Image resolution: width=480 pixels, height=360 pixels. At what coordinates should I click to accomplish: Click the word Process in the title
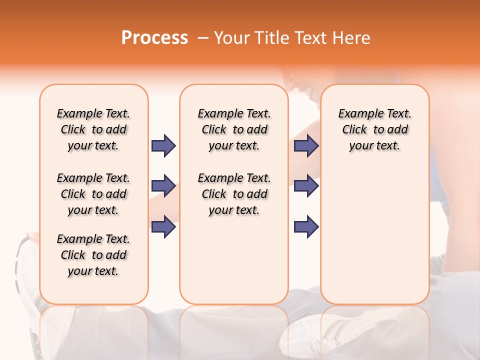point(154,38)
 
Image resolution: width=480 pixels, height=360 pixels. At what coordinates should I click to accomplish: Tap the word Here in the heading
point(351,38)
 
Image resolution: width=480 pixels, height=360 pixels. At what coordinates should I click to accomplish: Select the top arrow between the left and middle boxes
point(163,145)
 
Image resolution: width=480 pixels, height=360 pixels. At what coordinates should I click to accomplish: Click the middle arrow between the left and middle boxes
point(163,186)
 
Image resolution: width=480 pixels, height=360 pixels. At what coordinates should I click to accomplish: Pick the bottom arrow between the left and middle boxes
point(163,226)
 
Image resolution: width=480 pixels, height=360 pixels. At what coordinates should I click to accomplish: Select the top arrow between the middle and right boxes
point(306,145)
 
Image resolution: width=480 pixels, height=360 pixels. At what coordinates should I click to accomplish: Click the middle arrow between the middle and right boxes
point(306,186)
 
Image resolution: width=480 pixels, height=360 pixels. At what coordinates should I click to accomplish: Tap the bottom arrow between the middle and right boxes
point(306,226)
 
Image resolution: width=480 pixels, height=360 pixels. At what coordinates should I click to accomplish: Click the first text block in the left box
point(93,129)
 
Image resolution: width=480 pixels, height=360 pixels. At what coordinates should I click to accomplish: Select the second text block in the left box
point(93,194)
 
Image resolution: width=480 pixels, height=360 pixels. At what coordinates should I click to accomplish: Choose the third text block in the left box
point(93,255)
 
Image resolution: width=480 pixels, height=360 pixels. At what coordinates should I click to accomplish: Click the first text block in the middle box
point(234,129)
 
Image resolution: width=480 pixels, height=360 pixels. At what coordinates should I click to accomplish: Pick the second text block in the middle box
point(234,194)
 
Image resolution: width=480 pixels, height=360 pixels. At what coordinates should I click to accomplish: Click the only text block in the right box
point(374,129)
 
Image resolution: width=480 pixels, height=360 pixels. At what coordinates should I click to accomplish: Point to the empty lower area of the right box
point(374,235)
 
